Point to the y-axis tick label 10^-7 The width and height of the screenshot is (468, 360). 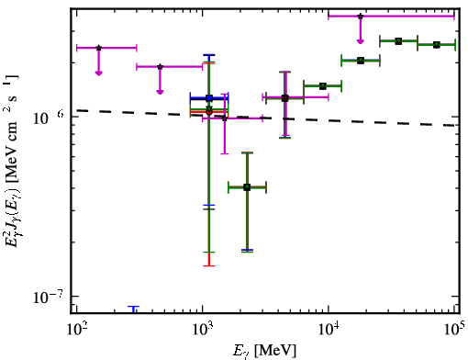click(x=48, y=296)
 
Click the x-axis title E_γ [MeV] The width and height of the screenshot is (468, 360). click(x=265, y=351)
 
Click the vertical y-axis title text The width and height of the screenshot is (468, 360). click(x=11, y=161)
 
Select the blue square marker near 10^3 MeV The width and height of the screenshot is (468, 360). click(x=209, y=98)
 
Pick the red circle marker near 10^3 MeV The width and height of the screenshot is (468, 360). click(x=209, y=112)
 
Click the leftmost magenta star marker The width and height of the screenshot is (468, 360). click(x=98, y=48)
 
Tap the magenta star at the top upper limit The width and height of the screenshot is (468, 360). click(x=361, y=17)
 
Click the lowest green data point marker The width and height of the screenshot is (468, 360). click(x=247, y=187)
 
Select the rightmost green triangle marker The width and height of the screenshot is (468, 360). click(x=437, y=45)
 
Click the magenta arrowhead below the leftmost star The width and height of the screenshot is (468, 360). click(x=98, y=73)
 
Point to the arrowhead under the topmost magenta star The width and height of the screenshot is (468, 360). click(x=361, y=41)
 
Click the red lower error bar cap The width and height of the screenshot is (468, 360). click(x=209, y=265)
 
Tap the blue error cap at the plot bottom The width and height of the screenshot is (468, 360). click(x=133, y=307)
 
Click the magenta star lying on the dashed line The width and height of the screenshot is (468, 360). click(x=225, y=118)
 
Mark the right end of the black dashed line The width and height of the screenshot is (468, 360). click(x=454, y=126)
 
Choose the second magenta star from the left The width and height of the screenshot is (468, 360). click(x=160, y=67)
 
